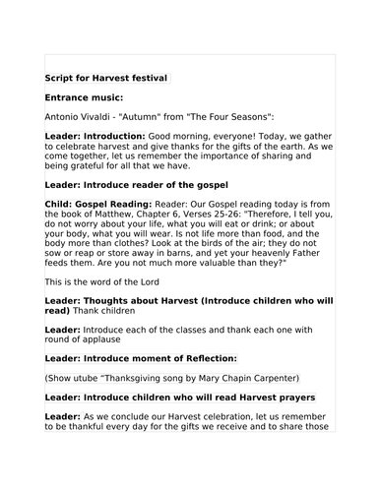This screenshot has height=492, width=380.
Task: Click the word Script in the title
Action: [x=60, y=78]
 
